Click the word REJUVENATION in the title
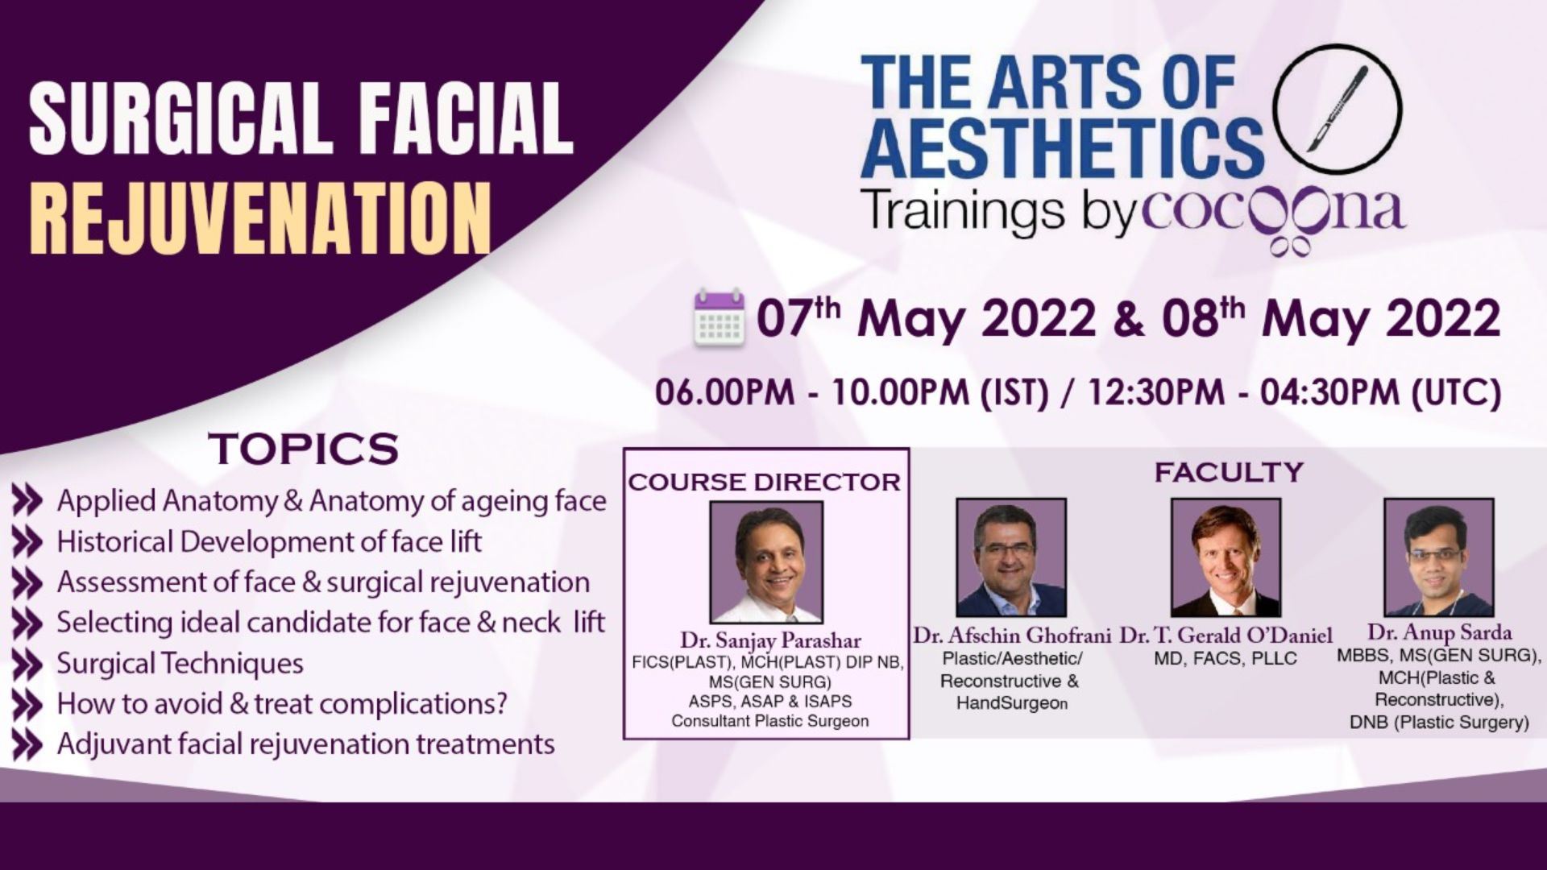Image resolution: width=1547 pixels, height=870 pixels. (x=260, y=218)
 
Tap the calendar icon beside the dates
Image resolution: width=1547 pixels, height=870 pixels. (x=719, y=317)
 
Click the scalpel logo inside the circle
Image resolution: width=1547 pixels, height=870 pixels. (x=1338, y=110)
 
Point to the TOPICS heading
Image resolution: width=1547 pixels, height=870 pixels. (x=304, y=449)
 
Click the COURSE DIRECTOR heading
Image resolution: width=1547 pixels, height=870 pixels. (x=765, y=482)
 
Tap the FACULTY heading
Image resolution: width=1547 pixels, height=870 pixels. (x=1229, y=471)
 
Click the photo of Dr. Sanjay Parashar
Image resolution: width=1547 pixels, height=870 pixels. (x=766, y=561)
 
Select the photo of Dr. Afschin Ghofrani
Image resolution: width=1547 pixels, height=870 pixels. (x=1011, y=557)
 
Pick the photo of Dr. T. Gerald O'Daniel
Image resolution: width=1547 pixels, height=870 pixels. (x=1226, y=557)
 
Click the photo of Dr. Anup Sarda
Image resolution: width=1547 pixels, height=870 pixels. (x=1439, y=557)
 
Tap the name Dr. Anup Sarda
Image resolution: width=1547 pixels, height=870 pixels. (x=1439, y=633)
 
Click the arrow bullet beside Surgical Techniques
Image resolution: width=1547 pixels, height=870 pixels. (x=27, y=664)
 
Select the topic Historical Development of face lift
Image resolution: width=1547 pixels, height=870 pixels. (x=269, y=542)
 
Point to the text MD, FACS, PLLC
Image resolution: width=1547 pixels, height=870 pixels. (x=1226, y=659)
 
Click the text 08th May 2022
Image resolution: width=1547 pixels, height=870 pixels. (x=1331, y=318)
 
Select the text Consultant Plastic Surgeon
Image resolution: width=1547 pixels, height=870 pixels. (x=770, y=721)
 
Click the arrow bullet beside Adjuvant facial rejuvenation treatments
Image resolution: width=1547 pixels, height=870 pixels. (x=27, y=745)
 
